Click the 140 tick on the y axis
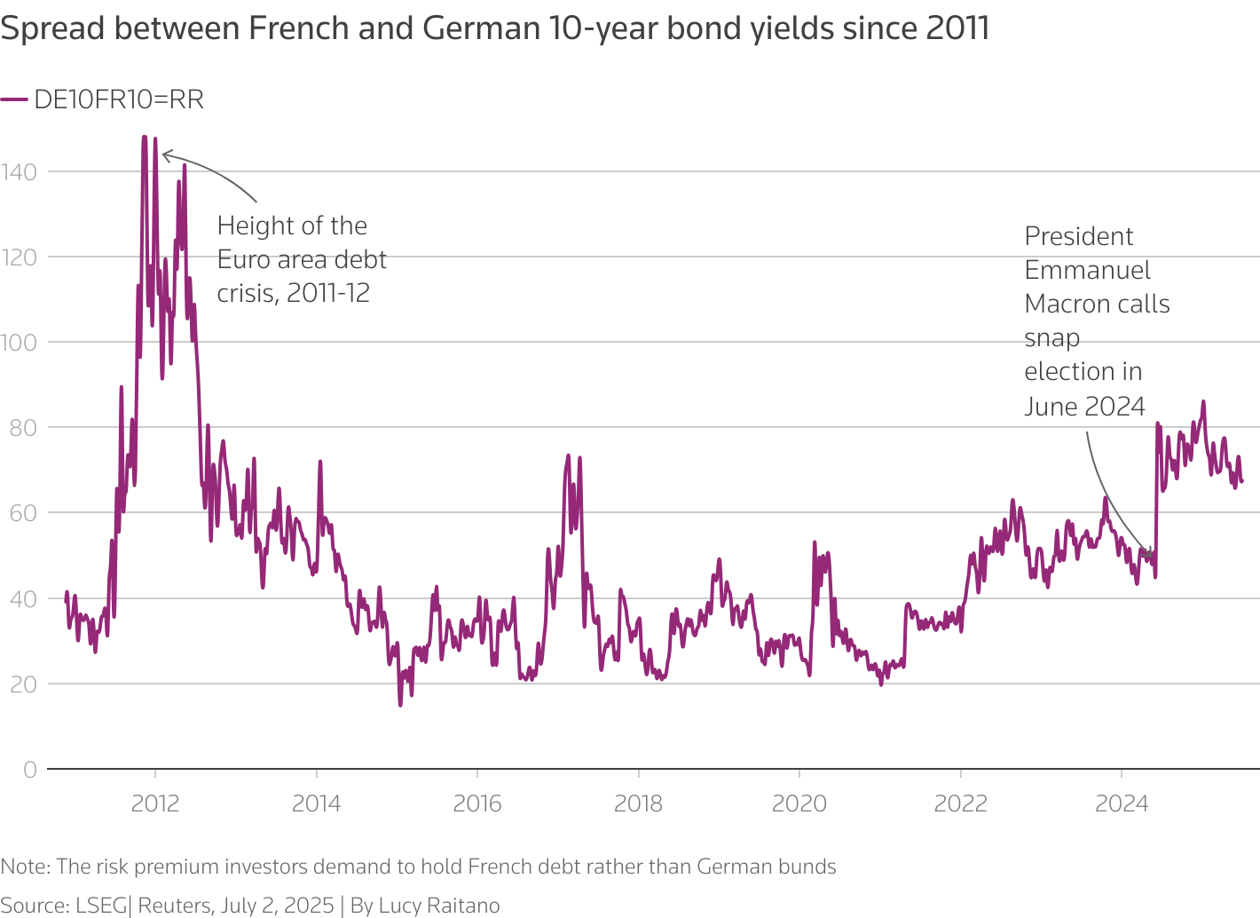[19, 171]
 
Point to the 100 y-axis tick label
[19, 342]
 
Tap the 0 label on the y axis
[30, 770]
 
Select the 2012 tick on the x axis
[155, 803]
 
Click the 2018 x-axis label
[638, 803]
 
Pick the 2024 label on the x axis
[1122, 803]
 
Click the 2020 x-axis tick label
[799, 803]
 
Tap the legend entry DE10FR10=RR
[118, 99]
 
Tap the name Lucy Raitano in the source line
[438, 905]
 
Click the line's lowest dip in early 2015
[400, 705]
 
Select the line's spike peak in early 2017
[568, 455]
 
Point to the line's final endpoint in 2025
[1241, 481]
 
